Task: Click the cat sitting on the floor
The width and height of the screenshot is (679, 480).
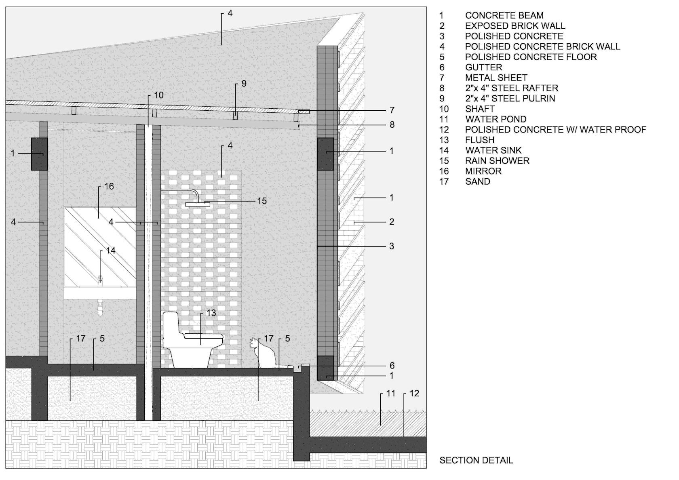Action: click(x=263, y=354)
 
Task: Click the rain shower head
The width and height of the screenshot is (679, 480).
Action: click(x=198, y=204)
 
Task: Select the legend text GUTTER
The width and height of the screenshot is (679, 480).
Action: click(x=483, y=67)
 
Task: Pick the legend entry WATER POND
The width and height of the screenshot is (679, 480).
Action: click(x=496, y=119)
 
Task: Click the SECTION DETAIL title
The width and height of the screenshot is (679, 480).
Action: click(x=476, y=460)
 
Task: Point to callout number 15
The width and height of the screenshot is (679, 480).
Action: click(x=262, y=201)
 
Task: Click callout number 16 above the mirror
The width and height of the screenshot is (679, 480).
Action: click(x=109, y=186)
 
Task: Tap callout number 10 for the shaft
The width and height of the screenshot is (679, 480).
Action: click(x=158, y=95)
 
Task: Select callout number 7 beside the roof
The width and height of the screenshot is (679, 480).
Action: click(x=392, y=110)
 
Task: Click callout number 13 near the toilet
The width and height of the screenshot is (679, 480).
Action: click(x=211, y=313)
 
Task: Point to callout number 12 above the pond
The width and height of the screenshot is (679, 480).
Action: click(x=414, y=394)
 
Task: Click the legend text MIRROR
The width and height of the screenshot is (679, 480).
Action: click(x=483, y=171)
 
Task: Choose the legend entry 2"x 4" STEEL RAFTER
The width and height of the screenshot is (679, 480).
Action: click(x=512, y=88)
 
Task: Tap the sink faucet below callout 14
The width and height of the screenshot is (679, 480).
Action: click(x=100, y=280)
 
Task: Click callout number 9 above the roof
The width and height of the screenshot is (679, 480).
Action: click(x=244, y=84)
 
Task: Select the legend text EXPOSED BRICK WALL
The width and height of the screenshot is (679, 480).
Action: click(x=515, y=26)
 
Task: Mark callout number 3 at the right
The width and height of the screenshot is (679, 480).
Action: click(x=392, y=246)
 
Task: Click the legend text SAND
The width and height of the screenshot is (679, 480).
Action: click(x=478, y=181)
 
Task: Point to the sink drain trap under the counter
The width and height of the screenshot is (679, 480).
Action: click(x=100, y=307)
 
